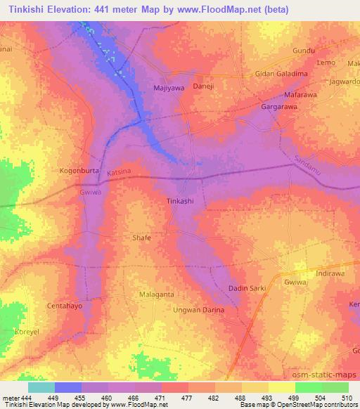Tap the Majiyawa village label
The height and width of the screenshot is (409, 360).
(168, 89)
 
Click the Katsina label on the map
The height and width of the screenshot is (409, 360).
(120, 171)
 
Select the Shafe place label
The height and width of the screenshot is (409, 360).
(142, 238)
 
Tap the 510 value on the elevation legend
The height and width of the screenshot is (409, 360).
(345, 398)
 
